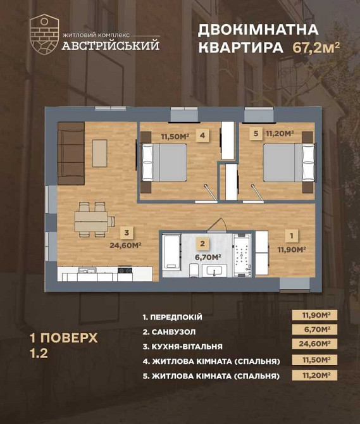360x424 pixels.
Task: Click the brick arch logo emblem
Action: [x=44, y=32]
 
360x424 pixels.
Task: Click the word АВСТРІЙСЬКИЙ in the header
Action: [x=110, y=46]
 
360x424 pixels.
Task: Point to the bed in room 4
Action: [x=164, y=163]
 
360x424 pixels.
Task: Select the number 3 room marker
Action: [x=127, y=232]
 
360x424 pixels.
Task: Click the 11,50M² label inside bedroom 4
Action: [x=174, y=135]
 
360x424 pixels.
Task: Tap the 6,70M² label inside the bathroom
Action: [x=207, y=257]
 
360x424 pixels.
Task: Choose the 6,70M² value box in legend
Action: [x=313, y=330]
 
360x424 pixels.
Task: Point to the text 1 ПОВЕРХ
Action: [x=63, y=338]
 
